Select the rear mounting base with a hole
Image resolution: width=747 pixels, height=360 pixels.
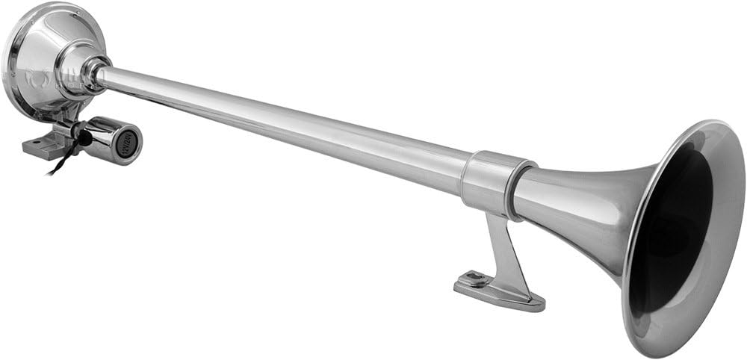pos(41,146)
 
